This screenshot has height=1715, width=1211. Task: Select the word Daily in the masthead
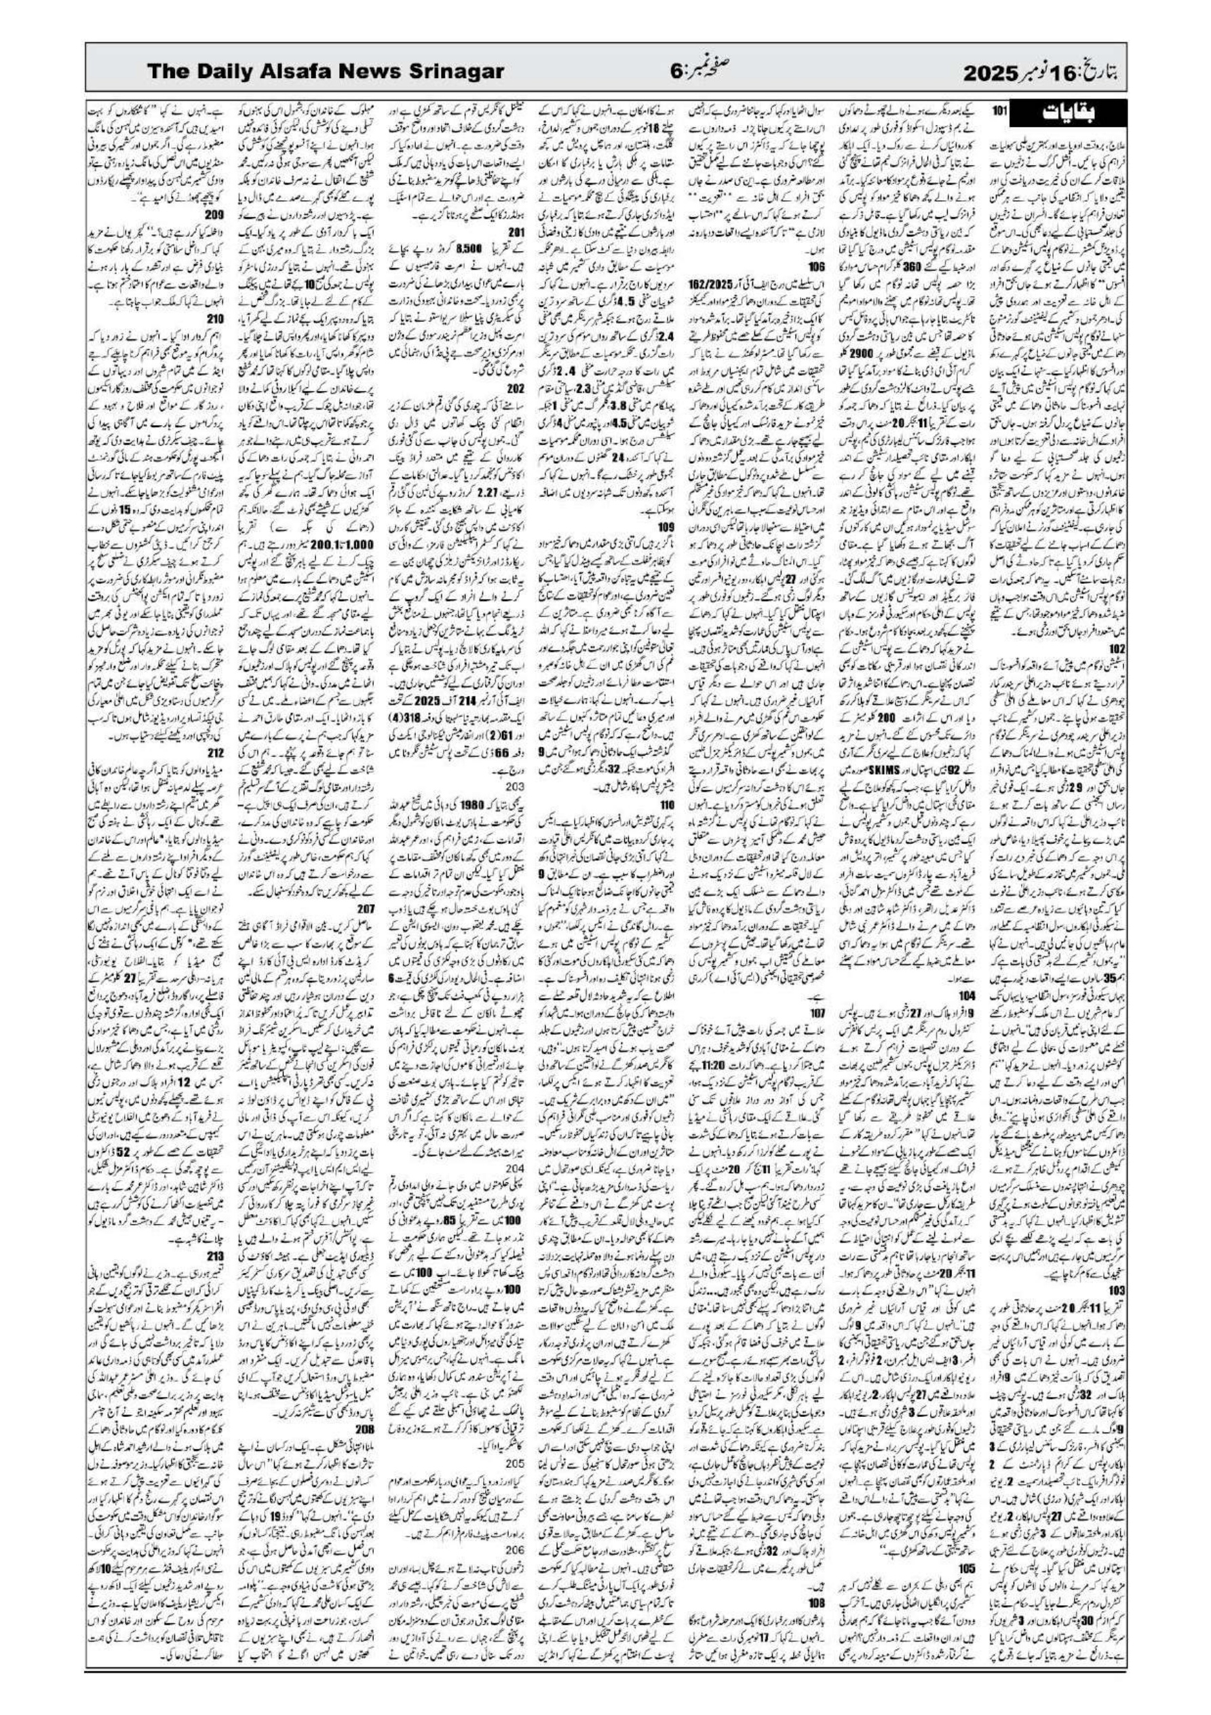click(x=239, y=73)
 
